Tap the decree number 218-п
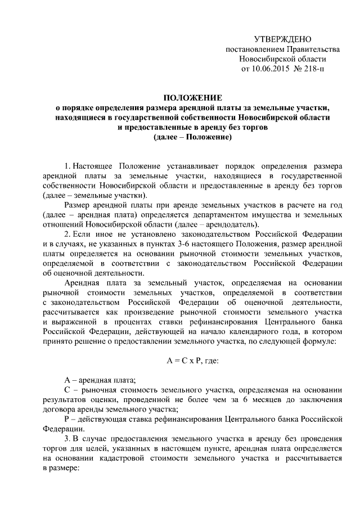313,69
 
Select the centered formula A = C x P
193,363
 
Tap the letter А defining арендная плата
68,389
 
